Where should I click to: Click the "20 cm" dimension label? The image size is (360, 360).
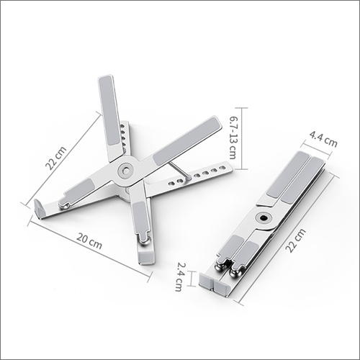pos(89,241)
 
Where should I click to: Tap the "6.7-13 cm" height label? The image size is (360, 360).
pos(233,138)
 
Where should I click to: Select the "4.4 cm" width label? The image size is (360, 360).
pos(323,139)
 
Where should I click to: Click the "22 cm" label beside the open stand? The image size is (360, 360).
pos(56,158)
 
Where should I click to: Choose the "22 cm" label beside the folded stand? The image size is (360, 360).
pos(296,240)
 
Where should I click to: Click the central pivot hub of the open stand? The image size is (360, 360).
pos(125,171)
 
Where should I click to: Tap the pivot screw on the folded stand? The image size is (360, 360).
pos(264,218)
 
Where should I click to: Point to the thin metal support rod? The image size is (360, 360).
pos(179,170)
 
